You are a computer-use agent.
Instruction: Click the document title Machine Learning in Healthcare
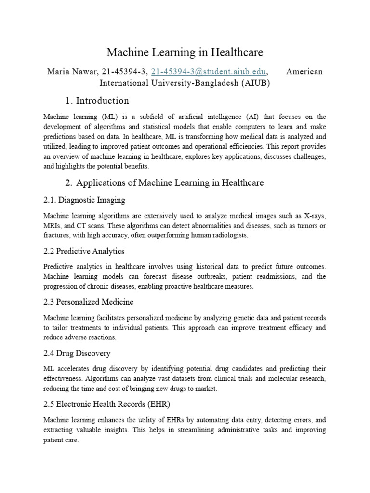pos(185,52)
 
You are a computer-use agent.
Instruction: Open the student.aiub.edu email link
pos(208,72)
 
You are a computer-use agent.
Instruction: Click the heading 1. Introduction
pos(97,101)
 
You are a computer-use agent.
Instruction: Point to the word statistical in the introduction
pos(186,126)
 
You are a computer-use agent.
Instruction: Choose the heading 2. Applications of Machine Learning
pos(164,183)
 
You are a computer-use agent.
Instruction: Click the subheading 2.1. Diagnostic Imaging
pos(84,200)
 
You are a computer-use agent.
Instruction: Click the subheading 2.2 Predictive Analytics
pos(84,251)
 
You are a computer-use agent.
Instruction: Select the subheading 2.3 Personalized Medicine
pos(88,302)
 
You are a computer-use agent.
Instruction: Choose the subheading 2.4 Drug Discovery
pos(77,353)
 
